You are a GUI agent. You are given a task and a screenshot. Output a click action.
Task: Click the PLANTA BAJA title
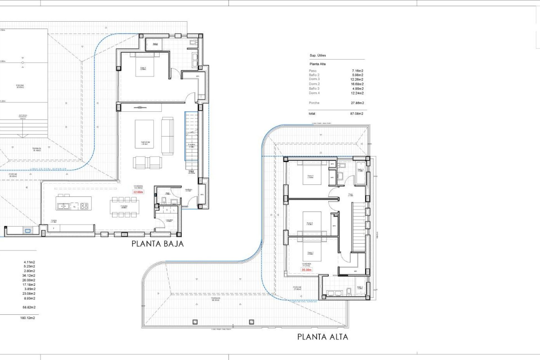(x=157, y=244)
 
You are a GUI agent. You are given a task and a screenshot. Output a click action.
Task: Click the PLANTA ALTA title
(x=323, y=337)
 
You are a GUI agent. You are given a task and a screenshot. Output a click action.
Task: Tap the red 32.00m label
(x=138, y=192)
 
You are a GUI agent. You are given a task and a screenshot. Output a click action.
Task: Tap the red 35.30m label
(x=306, y=270)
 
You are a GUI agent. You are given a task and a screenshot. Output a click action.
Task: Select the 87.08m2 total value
(x=357, y=114)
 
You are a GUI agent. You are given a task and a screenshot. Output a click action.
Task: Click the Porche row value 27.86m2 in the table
(x=357, y=103)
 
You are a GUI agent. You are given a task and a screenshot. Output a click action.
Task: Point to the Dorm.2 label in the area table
(x=314, y=84)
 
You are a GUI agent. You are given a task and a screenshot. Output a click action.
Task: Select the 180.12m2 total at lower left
(x=28, y=318)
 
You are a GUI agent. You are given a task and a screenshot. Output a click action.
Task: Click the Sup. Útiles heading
(x=318, y=55)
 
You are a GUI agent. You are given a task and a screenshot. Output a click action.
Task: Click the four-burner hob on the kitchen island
(x=84, y=206)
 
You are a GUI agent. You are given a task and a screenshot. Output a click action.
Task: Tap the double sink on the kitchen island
(x=63, y=206)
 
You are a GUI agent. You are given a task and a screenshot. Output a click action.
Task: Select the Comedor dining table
(x=124, y=207)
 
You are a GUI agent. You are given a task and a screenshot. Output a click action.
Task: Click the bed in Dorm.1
(x=145, y=66)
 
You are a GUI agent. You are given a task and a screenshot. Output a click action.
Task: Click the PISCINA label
(x=20, y=86)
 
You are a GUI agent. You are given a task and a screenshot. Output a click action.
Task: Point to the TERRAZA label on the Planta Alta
(x=216, y=299)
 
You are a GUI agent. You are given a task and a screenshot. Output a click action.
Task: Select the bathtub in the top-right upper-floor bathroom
(x=360, y=173)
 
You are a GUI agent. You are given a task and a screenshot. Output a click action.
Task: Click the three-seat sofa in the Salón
(x=167, y=136)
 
